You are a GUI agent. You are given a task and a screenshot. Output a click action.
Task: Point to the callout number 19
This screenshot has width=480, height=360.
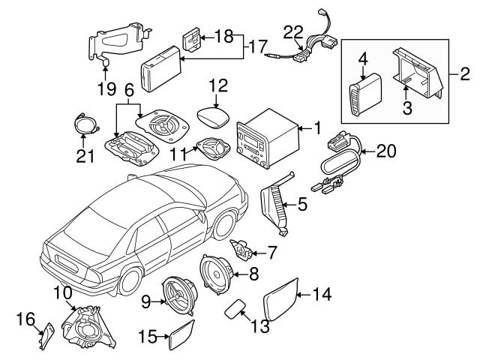coord(106,89)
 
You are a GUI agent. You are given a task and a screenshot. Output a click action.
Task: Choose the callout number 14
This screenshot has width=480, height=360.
coord(321,295)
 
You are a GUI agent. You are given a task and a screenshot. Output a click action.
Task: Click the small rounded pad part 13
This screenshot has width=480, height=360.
coord(237,307)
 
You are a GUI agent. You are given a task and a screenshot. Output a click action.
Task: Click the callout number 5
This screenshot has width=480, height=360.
coord(301,203)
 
